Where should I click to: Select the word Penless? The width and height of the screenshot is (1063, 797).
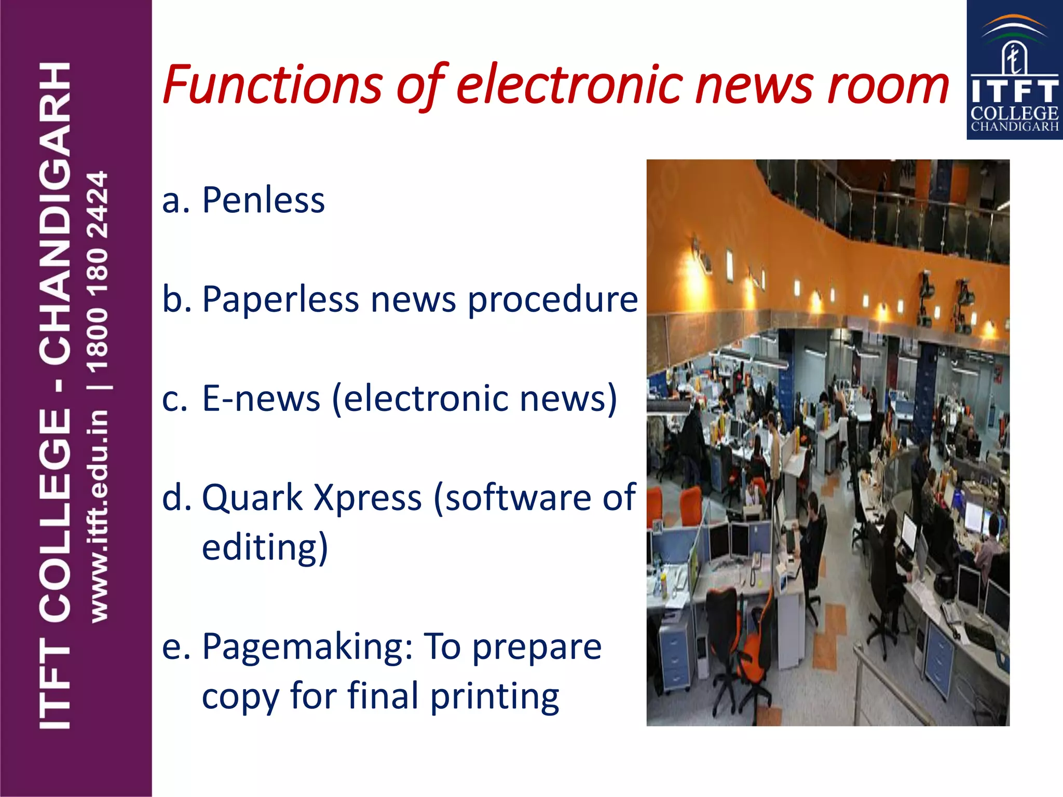click(263, 201)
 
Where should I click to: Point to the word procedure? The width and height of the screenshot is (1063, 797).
click(552, 300)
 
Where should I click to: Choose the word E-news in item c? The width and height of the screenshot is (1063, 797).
click(261, 399)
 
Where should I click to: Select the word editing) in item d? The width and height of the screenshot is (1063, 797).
click(265, 547)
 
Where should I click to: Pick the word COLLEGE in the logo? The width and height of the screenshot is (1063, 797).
click(1014, 113)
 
